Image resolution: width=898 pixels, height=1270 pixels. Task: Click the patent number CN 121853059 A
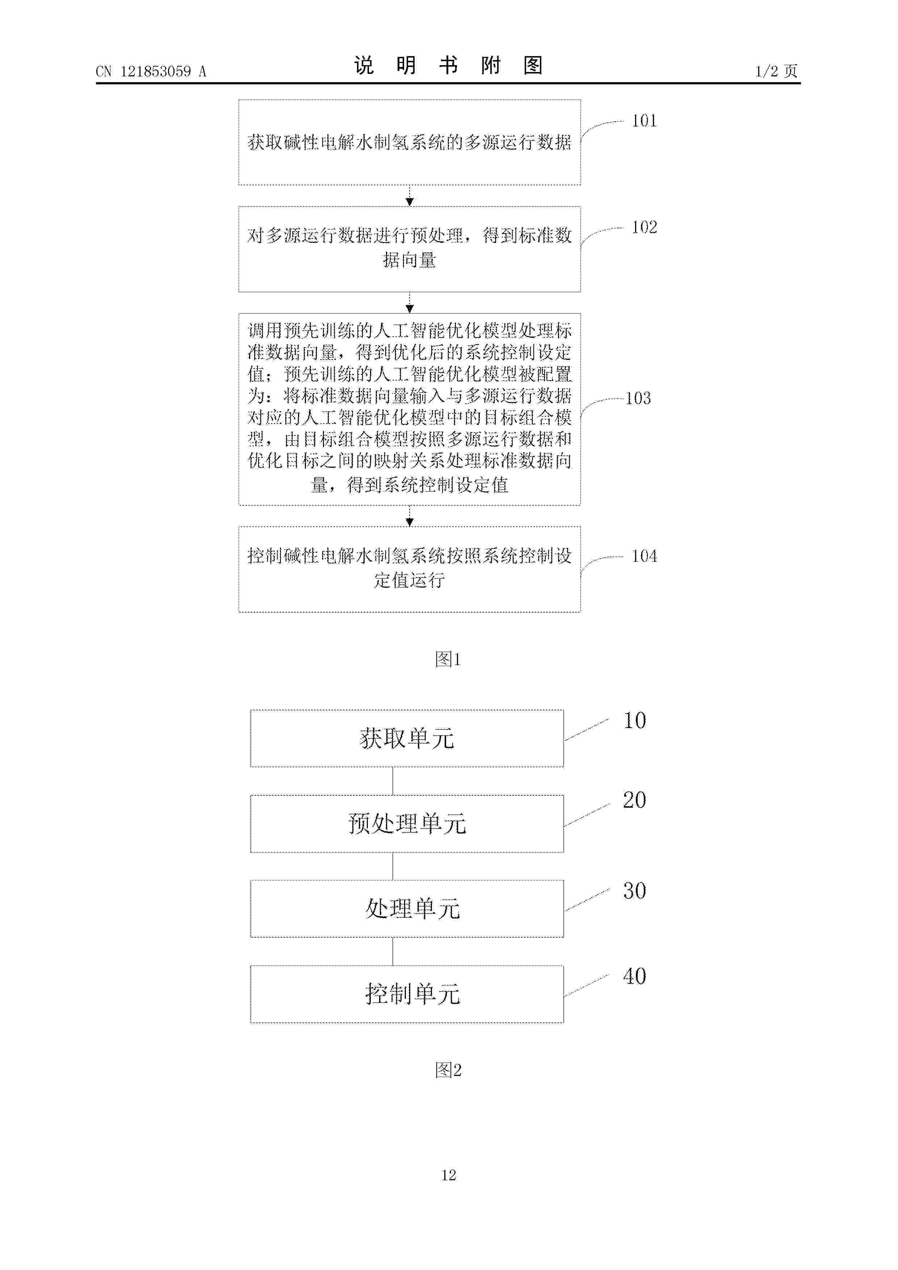pos(151,71)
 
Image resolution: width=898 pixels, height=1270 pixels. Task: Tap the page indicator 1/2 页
pos(776,71)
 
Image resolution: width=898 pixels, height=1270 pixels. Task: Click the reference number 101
pos(645,121)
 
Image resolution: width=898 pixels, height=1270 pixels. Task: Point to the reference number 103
pos(638,398)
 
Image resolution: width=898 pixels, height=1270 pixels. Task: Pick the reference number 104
pos(645,556)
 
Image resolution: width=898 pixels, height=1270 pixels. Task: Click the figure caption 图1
pos(448,659)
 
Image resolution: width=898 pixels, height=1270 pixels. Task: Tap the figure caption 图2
pos(448,1070)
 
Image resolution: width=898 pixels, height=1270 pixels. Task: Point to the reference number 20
pos(635,800)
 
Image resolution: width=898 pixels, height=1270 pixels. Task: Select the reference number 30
pos(635,891)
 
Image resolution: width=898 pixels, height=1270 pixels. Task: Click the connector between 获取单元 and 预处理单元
pos(393,781)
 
